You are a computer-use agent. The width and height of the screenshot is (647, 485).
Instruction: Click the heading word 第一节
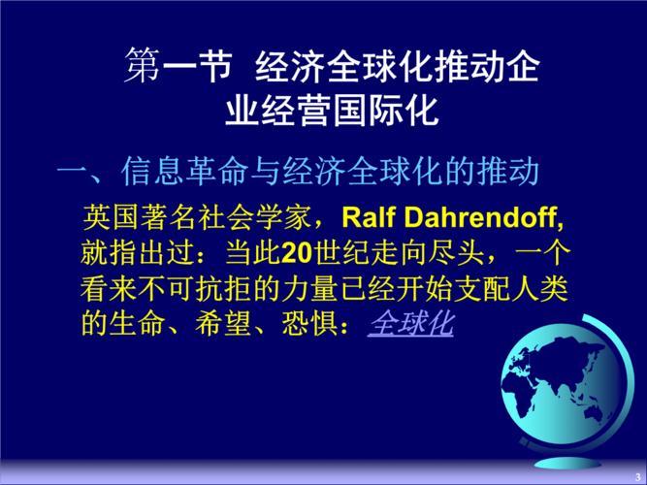click(x=178, y=67)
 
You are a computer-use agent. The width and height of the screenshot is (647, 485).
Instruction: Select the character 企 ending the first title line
click(x=521, y=67)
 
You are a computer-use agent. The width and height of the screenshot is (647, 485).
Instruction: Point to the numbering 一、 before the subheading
click(x=85, y=174)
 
